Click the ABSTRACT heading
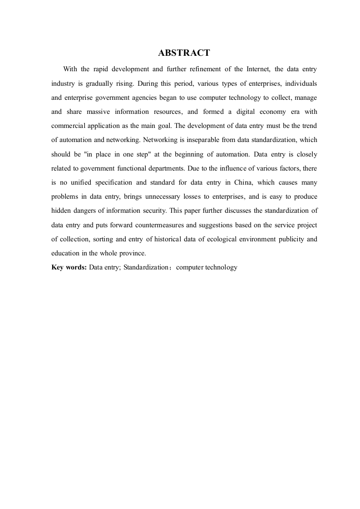(x=184, y=53)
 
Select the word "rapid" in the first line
(x=102, y=69)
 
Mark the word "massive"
(x=98, y=112)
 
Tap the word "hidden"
(x=62, y=210)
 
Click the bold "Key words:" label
(x=69, y=267)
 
